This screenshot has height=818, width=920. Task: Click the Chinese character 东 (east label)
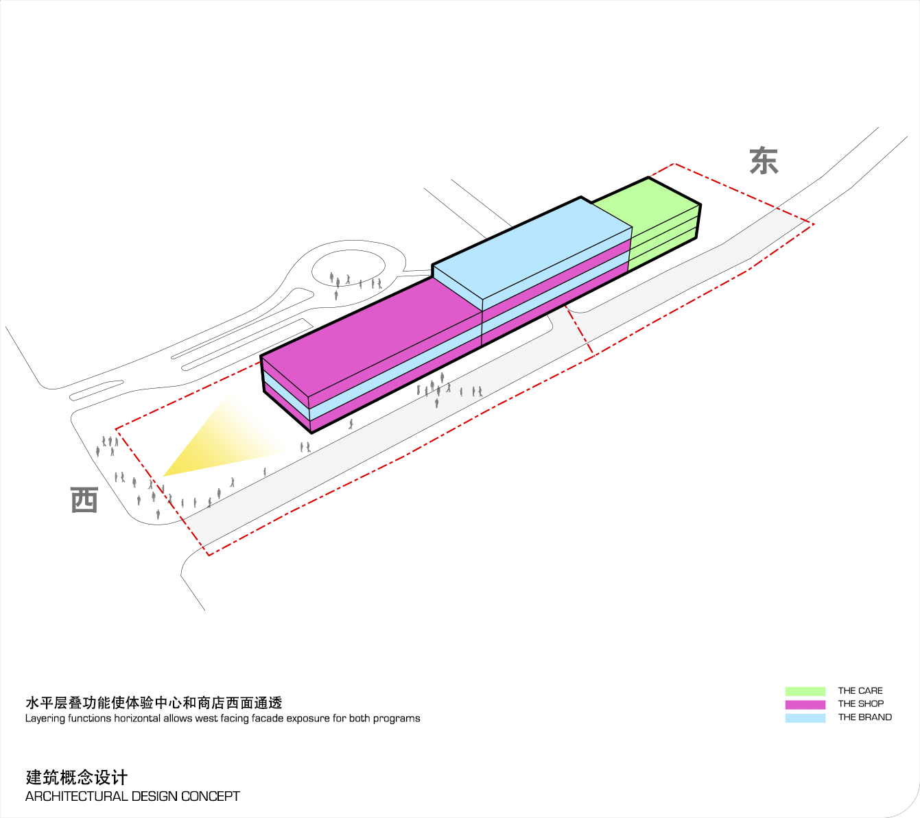coord(764,160)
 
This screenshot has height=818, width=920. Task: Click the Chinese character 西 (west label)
coord(84,500)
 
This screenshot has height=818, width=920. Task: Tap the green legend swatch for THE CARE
coord(805,691)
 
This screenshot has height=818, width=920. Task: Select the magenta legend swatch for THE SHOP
coord(805,704)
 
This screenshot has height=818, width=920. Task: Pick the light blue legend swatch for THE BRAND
coord(805,718)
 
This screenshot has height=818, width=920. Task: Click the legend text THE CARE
coord(860,691)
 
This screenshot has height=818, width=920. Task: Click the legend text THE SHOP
coord(860,704)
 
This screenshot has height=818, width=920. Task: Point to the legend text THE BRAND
coord(864,717)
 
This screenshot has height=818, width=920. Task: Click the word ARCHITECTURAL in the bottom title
coord(76,796)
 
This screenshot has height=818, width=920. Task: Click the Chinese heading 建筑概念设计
coord(76,777)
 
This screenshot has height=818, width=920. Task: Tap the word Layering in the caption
coord(45,719)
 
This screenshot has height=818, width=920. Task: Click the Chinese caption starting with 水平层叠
coord(154,703)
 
